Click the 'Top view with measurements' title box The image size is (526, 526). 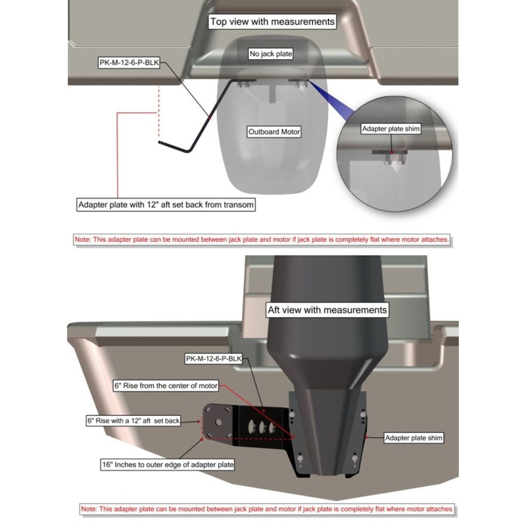[272, 22]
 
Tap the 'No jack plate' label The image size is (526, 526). [271, 54]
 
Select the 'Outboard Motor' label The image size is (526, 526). [274, 132]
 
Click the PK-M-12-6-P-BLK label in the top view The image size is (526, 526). [129, 62]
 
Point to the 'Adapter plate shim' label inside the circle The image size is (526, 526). [391, 129]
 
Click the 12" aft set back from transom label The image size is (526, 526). [166, 204]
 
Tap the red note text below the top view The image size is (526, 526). [262, 240]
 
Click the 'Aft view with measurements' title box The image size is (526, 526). [327, 310]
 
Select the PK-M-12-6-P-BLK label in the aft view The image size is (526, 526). [214, 359]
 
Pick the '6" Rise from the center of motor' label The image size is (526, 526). [166, 386]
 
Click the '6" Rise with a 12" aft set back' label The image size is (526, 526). [133, 421]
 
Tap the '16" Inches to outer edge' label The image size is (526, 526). [168, 465]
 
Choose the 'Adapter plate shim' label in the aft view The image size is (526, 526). [414, 438]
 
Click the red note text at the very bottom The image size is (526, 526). [267, 509]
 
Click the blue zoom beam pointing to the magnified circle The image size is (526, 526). [331, 100]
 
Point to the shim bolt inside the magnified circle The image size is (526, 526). [391, 158]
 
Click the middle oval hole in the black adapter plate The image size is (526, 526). [262, 427]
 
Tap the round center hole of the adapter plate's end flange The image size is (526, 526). [218, 422]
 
